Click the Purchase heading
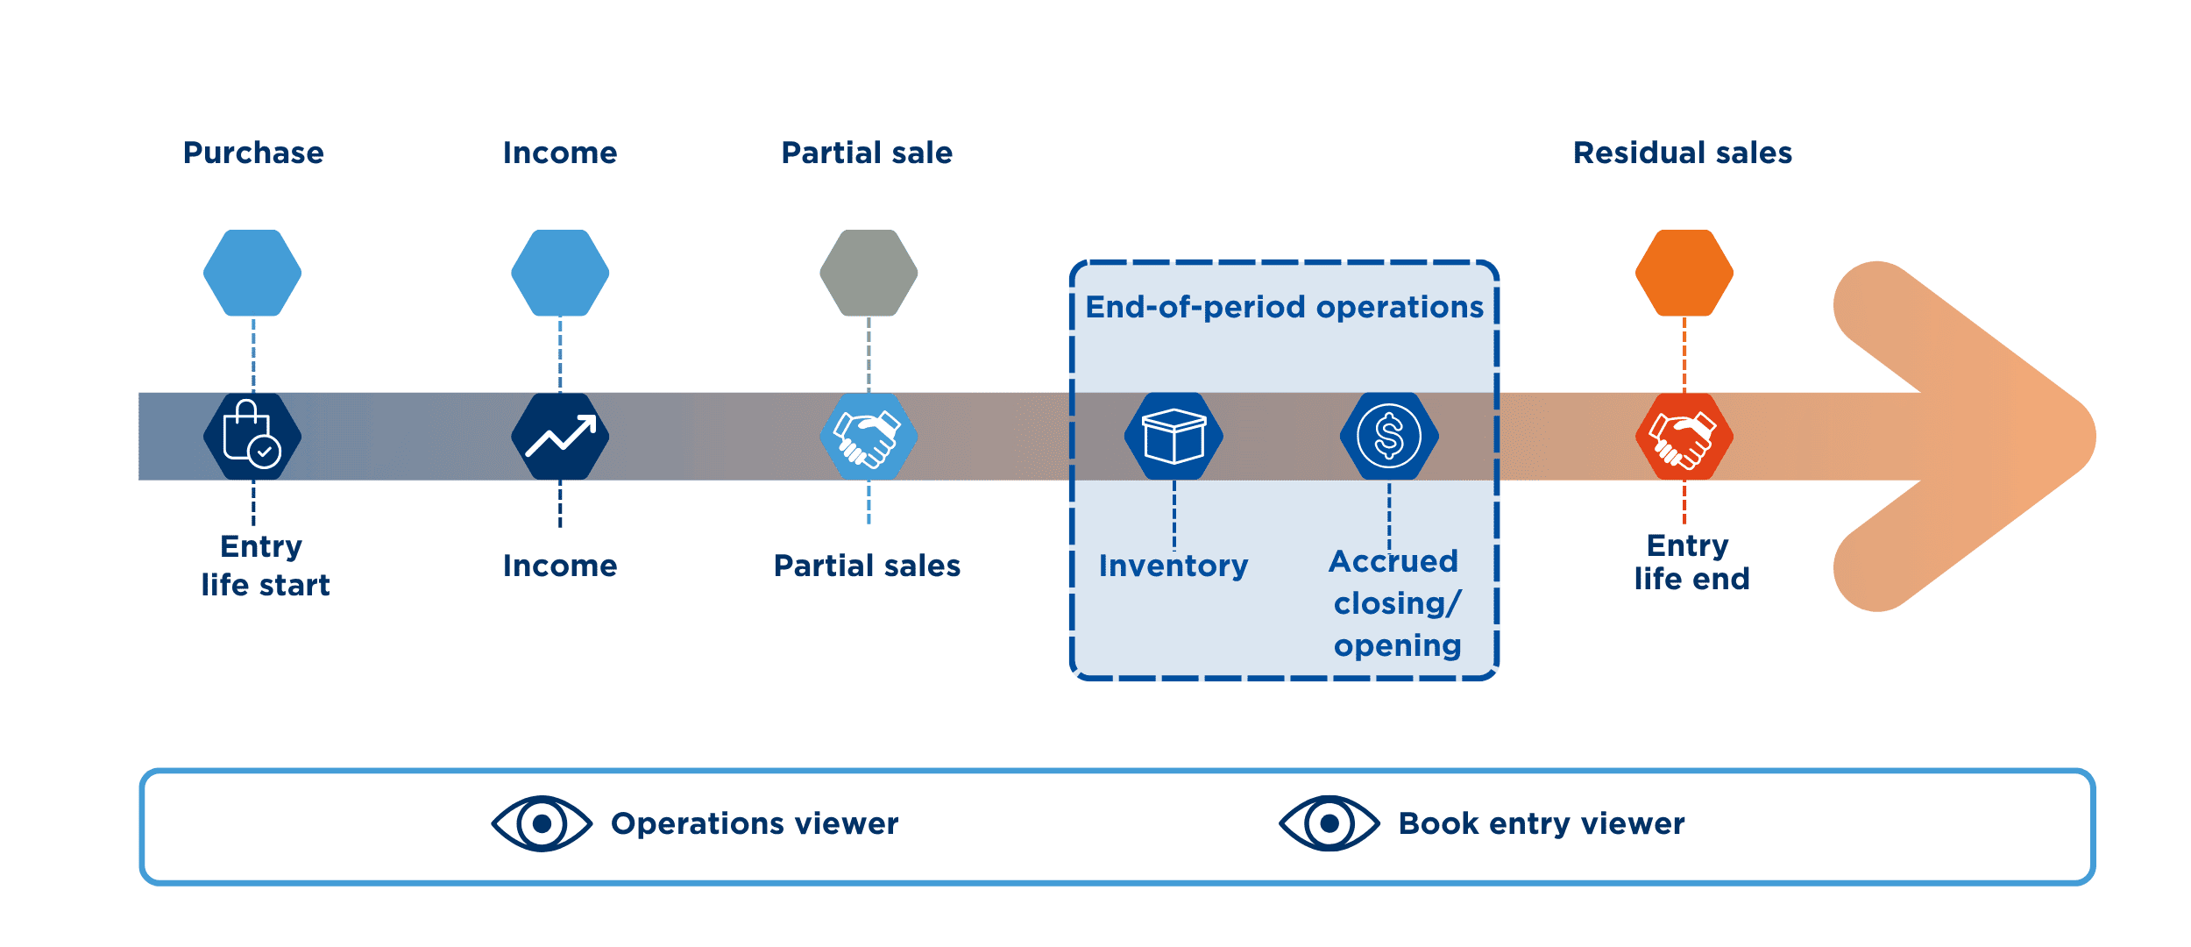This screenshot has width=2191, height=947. click(253, 153)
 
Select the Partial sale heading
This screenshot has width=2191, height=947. click(867, 153)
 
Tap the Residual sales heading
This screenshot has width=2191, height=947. click(1683, 153)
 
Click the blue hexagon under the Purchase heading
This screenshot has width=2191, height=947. click(252, 274)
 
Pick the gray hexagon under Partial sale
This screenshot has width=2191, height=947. click(869, 274)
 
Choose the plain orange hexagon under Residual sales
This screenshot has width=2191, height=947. click(1684, 274)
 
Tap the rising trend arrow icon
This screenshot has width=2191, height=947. click(560, 436)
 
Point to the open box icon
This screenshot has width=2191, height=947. click(1173, 436)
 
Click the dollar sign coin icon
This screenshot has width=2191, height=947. click(1389, 436)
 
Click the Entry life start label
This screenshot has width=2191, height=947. click(264, 566)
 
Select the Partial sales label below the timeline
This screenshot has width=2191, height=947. click(867, 566)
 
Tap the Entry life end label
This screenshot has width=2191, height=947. click(1691, 562)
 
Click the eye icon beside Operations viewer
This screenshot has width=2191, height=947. click(542, 823)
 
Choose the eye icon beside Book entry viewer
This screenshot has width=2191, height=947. click(1329, 823)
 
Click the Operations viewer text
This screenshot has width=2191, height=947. click(755, 824)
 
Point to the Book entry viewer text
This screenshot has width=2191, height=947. click(1541, 824)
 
